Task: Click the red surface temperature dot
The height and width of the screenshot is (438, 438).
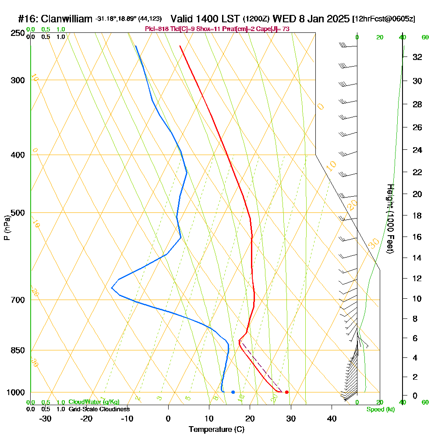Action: coord(286,392)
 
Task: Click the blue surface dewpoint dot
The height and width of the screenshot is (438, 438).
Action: coord(233,392)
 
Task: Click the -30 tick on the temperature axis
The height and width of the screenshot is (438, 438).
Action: coord(46,418)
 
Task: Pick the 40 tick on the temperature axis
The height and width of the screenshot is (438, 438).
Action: coord(332,418)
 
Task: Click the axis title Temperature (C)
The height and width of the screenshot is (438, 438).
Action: coord(216,430)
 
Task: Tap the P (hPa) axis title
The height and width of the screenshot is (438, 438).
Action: coord(7,227)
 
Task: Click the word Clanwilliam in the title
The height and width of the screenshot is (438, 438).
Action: coord(66,19)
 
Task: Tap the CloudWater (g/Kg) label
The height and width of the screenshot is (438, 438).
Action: coord(94,402)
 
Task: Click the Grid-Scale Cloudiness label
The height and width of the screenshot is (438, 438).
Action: coord(99,409)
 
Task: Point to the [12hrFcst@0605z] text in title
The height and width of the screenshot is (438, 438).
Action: coord(384,19)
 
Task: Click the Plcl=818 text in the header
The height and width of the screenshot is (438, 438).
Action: coord(156,29)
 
